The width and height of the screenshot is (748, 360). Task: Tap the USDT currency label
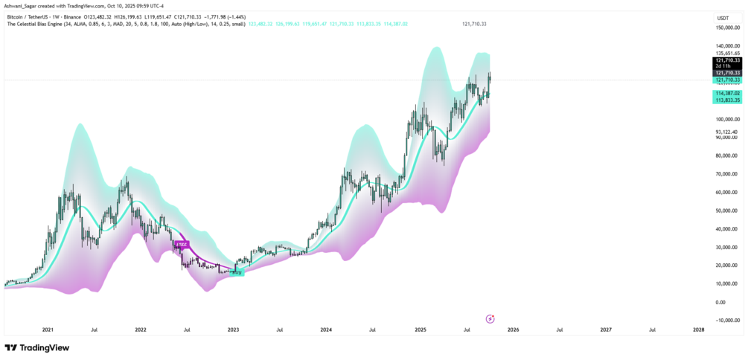coord(722,18)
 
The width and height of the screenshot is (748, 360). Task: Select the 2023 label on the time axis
coord(233,329)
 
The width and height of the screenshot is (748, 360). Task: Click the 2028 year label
coord(699,329)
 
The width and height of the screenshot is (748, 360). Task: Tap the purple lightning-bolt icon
coord(490,318)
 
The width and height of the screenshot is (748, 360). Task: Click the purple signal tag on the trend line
coord(181,244)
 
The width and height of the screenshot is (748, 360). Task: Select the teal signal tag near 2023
coord(237,273)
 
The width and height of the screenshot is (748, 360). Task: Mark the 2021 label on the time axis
coord(48,329)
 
